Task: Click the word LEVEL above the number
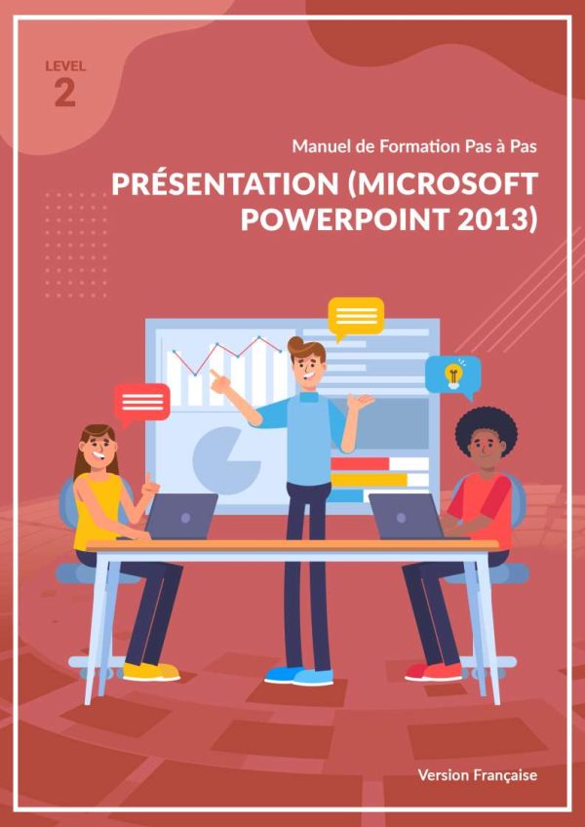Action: (65, 66)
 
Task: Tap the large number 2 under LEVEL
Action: (65, 94)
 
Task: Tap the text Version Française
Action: (478, 774)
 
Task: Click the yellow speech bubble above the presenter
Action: (356, 317)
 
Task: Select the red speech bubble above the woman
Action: (142, 404)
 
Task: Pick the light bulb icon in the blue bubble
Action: (452, 375)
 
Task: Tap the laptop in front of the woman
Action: (181, 516)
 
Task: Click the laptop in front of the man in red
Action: (406, 516)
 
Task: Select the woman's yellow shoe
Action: (151, 671)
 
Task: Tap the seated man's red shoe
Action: (434, 671)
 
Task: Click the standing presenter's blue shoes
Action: (298, 676)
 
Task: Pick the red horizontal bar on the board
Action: (361, 463)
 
